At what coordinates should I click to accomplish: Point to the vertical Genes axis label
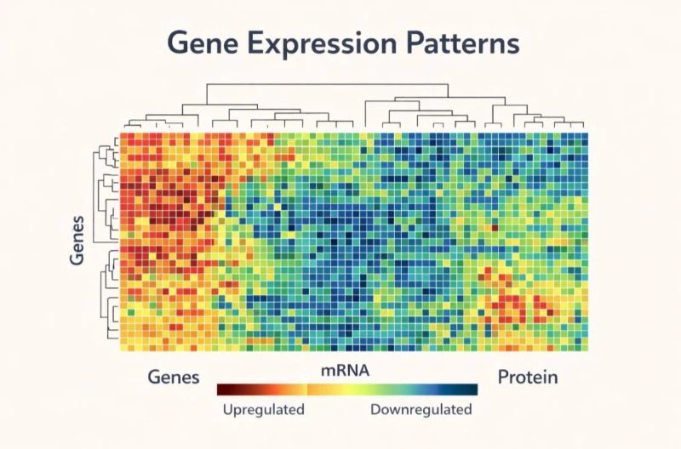[77, 241]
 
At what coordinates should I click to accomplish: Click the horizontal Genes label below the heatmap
[174, 376]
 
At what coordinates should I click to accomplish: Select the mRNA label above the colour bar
[345, 371]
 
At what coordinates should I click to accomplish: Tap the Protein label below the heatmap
[528, 376]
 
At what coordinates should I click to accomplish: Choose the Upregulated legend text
[263, 410]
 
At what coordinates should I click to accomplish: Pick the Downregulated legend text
[421, 410]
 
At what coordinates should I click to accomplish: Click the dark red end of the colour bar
[223, 389]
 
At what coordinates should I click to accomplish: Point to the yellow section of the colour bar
[319, 389]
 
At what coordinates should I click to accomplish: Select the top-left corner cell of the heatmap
[124, 137]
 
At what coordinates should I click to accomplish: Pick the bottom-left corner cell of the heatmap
[124, 344]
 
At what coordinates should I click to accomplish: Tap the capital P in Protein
[503, 376]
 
